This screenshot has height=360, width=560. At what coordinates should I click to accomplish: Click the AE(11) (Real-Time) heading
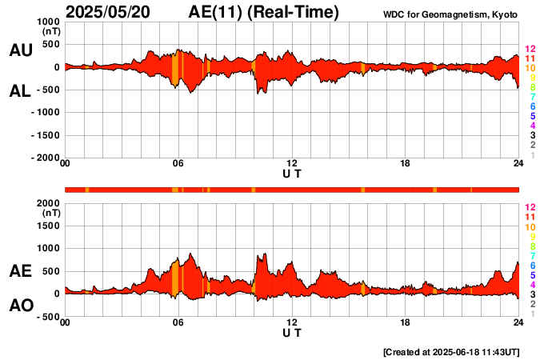coord(264,12)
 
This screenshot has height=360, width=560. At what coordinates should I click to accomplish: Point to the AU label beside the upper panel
coord(20,50)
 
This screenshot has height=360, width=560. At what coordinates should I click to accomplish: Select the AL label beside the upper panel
coord(20,91)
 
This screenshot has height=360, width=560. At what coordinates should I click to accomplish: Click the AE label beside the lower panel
coord(20,271)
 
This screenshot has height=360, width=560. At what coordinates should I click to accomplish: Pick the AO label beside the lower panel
coord(20,306)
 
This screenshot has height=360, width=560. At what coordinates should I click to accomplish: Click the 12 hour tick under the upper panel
coord(292,164)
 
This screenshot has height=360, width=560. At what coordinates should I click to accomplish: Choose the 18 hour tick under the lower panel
coord(406,322)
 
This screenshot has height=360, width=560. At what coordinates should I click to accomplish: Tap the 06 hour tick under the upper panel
coord(178,164)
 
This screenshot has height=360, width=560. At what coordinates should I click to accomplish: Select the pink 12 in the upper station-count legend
coord(530,50)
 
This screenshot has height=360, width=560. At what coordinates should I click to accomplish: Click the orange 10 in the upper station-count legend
coord(530,69)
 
